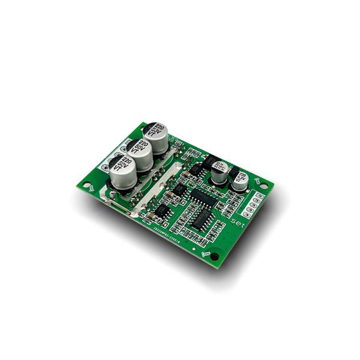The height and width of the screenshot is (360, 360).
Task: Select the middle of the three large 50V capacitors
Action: point(140,154)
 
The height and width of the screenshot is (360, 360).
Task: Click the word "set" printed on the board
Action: point(236,222)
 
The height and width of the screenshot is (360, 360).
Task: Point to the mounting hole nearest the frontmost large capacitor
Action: point(90,187)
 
